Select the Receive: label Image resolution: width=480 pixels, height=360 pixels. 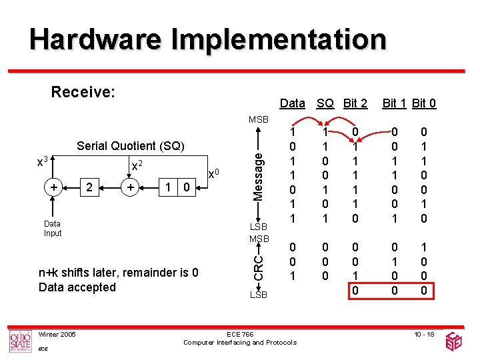coord(84,91)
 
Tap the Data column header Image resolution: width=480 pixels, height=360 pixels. coord(292,103)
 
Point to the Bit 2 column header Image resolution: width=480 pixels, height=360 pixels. coord(355,103)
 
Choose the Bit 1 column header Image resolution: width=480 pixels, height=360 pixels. coord(395,103)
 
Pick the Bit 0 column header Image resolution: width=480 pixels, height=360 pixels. coord(424,103)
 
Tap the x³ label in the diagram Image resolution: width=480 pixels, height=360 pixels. coord(42,162)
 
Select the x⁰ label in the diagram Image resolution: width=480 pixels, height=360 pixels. coord(213,174)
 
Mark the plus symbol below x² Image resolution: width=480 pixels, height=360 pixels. coord(133,188)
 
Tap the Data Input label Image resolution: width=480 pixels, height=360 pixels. coord(52,229)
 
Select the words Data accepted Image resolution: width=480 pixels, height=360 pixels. coord(77,287)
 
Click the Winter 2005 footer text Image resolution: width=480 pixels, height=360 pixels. coord(57,334)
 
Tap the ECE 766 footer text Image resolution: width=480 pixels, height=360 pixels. coord(239,334)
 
